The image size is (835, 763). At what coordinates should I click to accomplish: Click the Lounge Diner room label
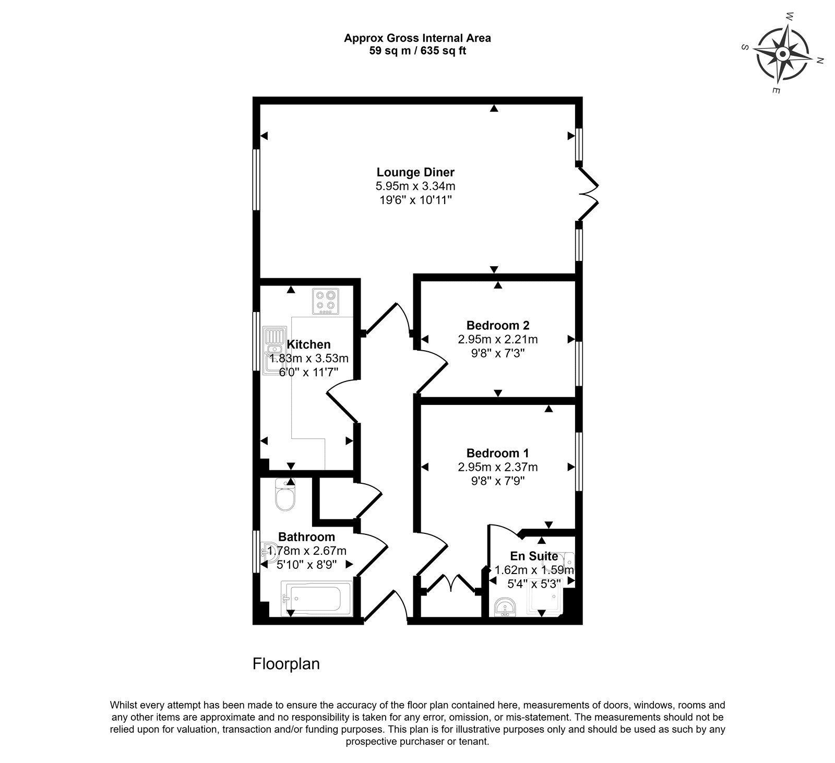click(415, 172)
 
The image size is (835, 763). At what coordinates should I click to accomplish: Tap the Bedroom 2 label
click(498, 326)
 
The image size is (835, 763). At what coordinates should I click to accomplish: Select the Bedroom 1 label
click(498, 453)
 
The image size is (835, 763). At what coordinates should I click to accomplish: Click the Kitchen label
click(309, 344)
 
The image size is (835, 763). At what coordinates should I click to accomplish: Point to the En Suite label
click(534, 556)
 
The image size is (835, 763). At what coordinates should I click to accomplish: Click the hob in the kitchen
click(326, 302)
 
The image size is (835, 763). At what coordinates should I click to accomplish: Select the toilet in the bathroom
click(285, 495)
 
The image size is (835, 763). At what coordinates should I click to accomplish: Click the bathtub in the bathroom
click(316, 599)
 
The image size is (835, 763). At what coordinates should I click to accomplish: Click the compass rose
click(783, 54)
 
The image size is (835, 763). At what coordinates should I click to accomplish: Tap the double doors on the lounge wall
click(590, 194)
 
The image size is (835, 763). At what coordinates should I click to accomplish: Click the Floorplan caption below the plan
click(286, 664)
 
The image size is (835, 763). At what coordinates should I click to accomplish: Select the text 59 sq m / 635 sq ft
click(417, 51)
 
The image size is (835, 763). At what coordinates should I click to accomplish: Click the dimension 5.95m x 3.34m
click(415, 186)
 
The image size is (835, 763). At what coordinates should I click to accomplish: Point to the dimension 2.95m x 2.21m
click(498, 340)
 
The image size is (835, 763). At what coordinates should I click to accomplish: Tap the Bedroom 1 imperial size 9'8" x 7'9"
click(498, 481)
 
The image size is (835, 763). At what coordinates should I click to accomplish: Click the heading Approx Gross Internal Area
click(417, 38)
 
